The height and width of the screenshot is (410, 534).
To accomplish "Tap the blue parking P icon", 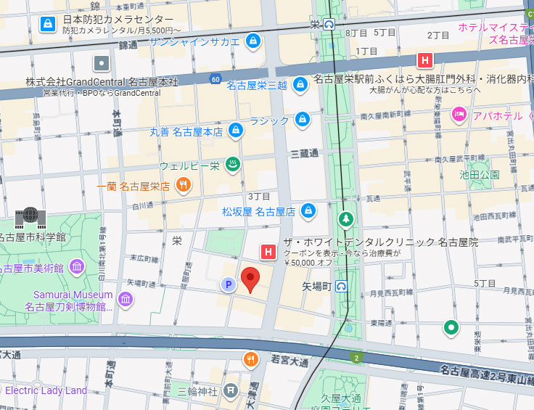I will tap(229, 285).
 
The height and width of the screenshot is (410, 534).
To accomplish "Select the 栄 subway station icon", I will tap(329, 24).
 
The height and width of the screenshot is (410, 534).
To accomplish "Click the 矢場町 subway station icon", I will tap(342, 287).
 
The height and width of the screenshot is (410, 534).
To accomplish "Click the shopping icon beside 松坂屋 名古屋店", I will tap(308, 210).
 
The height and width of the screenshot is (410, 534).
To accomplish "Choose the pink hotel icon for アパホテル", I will tap(459, 114).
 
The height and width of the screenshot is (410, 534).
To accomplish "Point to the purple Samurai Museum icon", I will tap(126, 298).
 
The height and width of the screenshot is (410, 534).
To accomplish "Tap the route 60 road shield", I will tap(215, 78).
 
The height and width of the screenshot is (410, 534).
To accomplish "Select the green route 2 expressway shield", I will tap(356, 358).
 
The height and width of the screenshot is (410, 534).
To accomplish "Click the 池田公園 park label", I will tap(480, 175).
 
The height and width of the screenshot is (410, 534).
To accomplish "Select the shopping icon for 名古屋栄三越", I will tap(300, 84).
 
